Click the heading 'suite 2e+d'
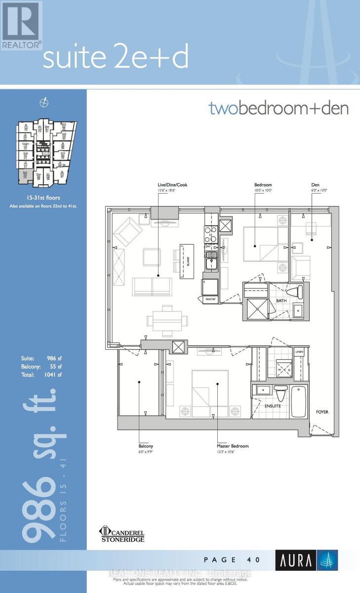click(x=116, y=58)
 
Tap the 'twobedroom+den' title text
click(x=279, y=108)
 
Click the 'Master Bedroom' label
click(x=233, y=446)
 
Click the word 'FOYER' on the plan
click(x=322, y=412)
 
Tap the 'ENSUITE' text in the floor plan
click(x=272, y=406)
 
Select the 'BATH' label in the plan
click(x=281, y=300)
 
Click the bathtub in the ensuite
click(x=299, y=401)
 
